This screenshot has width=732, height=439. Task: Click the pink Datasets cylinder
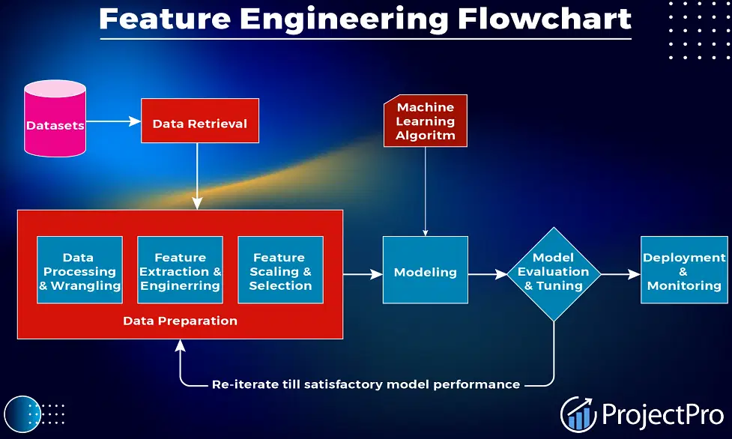[x=55, y=118]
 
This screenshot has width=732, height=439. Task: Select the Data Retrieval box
[x=200, y=121]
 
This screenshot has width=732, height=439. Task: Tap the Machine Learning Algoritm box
[x=426, y=121]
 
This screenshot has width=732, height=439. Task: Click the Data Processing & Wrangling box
[x=80, y=270]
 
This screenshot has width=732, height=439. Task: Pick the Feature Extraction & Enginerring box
[x=181, y=270]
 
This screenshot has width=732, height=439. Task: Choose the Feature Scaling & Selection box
[x=280, y=270]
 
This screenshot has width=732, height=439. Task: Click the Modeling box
[x=426, y=270]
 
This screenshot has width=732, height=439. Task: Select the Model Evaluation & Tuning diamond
[x=554, y=274]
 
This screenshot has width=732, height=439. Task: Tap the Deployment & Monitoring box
[x=684, y=270]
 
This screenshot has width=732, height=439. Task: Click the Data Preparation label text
[x=181, y=321]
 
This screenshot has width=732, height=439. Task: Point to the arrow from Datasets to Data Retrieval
[x=113, y=121]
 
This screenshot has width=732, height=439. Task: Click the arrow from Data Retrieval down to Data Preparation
[x=197, y=176]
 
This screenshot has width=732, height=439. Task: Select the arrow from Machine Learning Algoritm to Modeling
[x=426, y=192]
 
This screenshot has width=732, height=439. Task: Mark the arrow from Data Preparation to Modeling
[x=363, y=274]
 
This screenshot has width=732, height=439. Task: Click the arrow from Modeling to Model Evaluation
[x=488, y=274]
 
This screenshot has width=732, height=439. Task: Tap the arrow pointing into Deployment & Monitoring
[x=620, y=274]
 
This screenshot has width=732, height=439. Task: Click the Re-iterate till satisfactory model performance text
[x=366, y=384]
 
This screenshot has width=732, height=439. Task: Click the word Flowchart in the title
[x=545, y=19]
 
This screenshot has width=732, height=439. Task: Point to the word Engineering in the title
[x=344, y=19]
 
